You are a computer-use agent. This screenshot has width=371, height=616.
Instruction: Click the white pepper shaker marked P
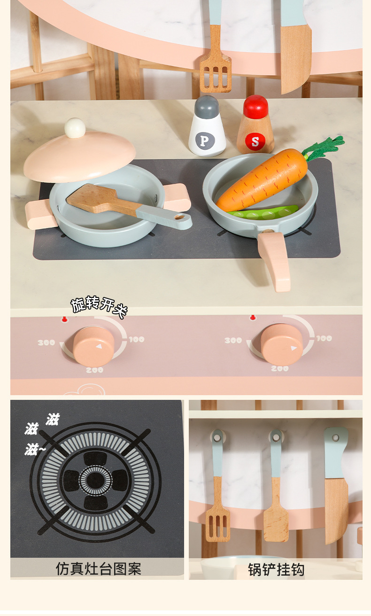pyautogui.click(x=207, y=126)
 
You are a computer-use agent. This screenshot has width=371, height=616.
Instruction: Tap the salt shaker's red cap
pyautogui.click(x=255, y=106)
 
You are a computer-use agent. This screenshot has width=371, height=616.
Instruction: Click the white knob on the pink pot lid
pyautogui.click(x=75, y=128)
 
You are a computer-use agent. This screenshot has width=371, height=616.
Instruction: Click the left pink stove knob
pyautogui.click(x=93, y=346)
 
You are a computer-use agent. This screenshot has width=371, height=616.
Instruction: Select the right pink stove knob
pyautogui.click(x=281, y=344)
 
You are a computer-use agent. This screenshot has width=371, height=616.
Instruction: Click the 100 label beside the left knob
pyautogui.click(x=137, y=339)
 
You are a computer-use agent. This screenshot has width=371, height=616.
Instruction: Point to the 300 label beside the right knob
pyautogui.click(x=233, y=341)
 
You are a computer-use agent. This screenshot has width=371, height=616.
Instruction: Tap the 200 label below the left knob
pyautogui.click(x=94, y=370)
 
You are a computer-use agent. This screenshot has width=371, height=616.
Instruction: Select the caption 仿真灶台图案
pyautogui.click(x=98, y=569)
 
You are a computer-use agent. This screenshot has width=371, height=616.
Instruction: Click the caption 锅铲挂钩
pyautogui.click(x=276, y=569)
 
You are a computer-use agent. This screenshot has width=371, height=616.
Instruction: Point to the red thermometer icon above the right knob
pyautogui.click(x=252, y=318)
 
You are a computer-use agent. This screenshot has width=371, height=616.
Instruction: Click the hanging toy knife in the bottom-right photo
pyautogui.click(x=336, y=485)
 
